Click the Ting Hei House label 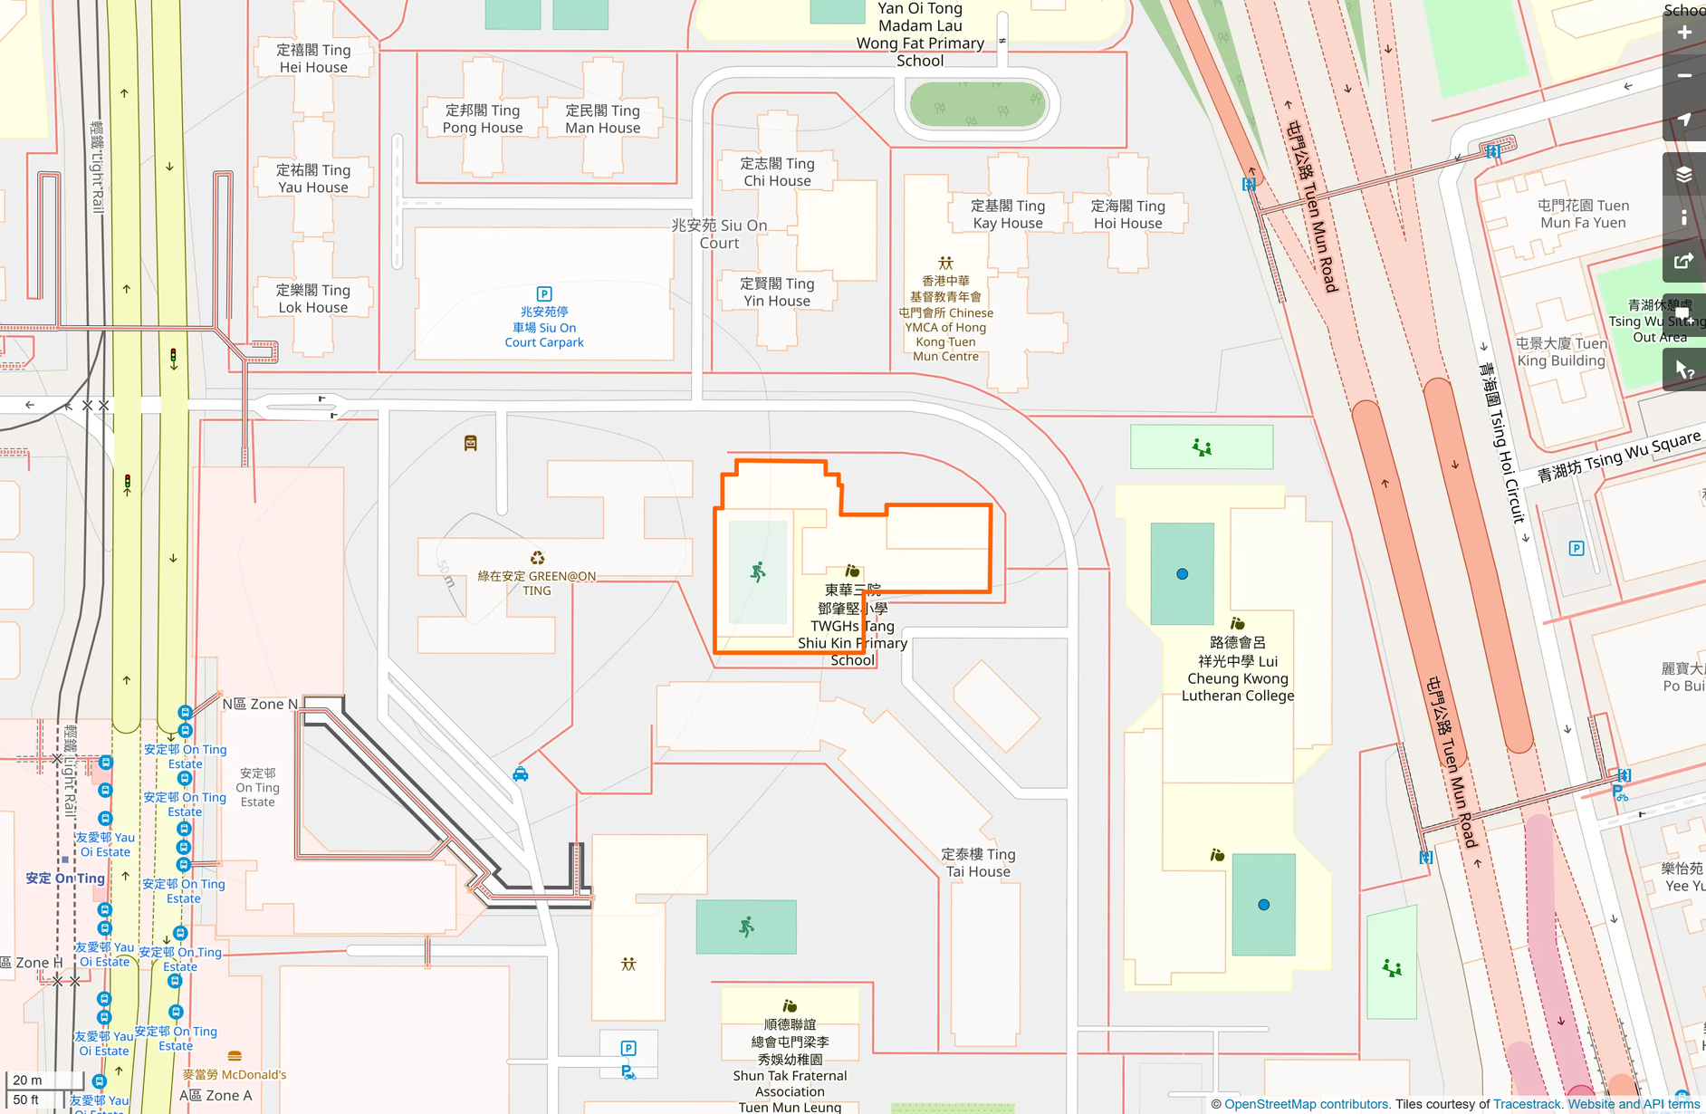click(x=313, y=59)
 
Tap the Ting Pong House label click(x=483, y=119)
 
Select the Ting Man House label click(x=603, y=119)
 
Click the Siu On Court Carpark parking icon click(x=544, y=293)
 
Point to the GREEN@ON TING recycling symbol click(x=537, y=558)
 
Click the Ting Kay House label click(x=1008, y=215)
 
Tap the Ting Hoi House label click(x=1127, y=215)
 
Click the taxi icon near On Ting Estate click(x=521, y=773)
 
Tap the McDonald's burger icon click(x=235, y=1056)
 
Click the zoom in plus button click(x=1684, y=33)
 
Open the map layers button click(x=1684, y=174)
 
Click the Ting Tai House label click(x=978, y=862)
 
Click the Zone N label click(x=260, y=704)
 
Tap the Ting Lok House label click(x=313, y=299)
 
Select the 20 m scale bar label click(x=27, y=1080)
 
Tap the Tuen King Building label click(x=1561, y=352)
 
